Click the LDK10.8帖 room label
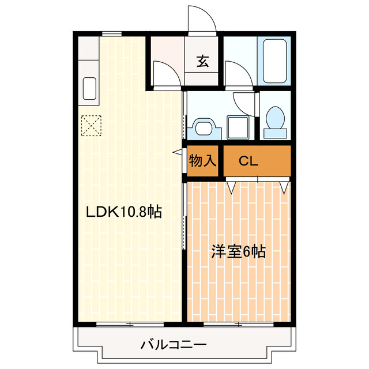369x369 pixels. [x=123, y=212]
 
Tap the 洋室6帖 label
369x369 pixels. [x=238, y=252]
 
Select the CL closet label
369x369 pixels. [x=248, y=161]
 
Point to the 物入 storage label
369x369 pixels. [x=202, y=161]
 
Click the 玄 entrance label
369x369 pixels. [x=203, y=61]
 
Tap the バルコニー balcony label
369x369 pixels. [x=174, y=345]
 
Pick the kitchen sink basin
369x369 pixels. [x=90, y=89]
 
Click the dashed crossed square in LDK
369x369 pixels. [x=91, y=126]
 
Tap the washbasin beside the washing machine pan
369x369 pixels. [x=202, y=126]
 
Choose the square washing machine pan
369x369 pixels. [x=238, y=126]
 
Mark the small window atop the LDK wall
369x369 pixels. [x=112, y=34]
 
